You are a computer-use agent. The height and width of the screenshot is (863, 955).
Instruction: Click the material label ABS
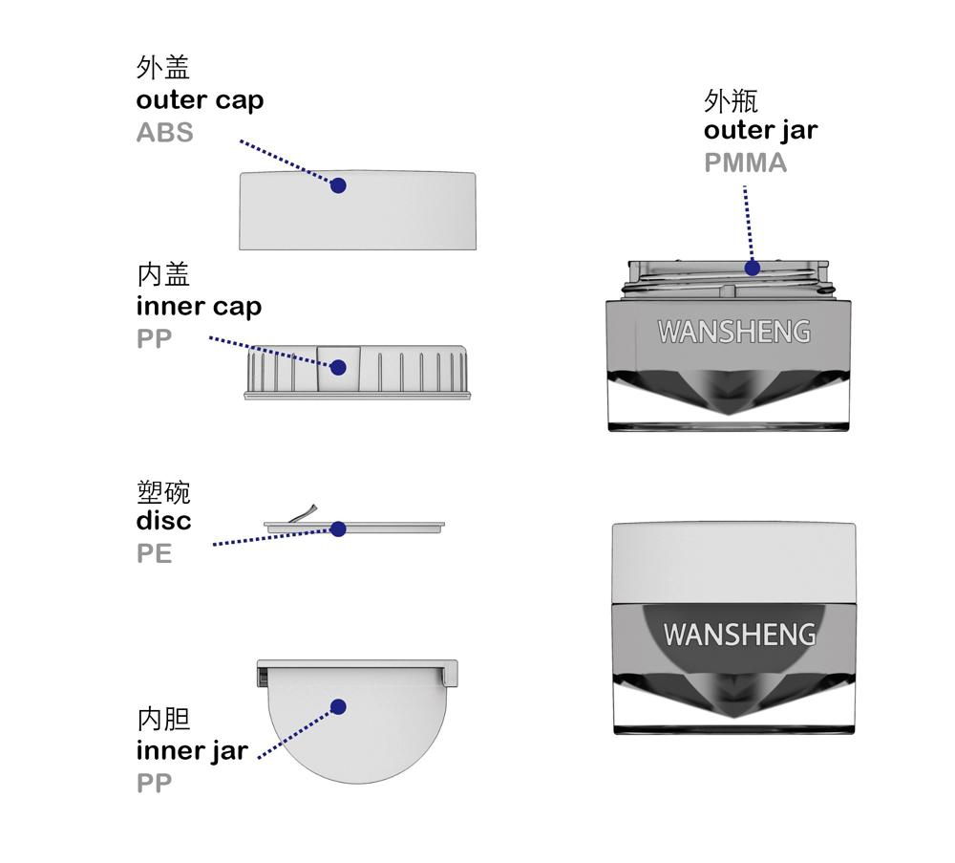(x=164, y=133)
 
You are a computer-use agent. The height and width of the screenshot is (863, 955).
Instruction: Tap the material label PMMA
(x=745, y=162)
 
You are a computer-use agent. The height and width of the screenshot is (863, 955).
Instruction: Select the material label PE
(x=154, y=553)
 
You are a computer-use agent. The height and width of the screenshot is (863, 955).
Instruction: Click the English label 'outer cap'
(x=200, y=100)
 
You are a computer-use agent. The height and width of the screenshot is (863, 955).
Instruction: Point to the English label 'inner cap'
(x=200, y=307)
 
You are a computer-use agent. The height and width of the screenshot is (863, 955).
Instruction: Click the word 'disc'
(x=164, y=521)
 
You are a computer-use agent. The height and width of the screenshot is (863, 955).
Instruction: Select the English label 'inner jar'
(x=193, y=751)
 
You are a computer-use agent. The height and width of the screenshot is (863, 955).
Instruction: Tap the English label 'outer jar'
(x=761, y=131)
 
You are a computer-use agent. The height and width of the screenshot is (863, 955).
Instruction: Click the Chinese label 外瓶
(x=731, y=100)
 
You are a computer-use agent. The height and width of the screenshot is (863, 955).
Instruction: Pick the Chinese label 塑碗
(x=164, y=492)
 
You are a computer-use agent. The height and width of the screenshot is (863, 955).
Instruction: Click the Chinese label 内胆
(x=164, y=719)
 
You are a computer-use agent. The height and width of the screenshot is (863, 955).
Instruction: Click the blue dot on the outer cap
(x=339, y=185)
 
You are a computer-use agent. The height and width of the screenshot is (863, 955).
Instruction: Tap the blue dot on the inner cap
(x=339, y=368)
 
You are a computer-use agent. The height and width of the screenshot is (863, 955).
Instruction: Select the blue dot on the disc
(x=339, y=529)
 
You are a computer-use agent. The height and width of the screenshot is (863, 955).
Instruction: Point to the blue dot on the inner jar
(x=339, y=707)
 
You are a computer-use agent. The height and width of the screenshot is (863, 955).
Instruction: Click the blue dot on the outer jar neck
(x=753, y=268)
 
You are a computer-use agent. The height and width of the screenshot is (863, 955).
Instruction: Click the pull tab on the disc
(x=304, y=514)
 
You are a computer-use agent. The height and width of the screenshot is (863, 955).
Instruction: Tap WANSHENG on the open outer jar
(x=733, y=332)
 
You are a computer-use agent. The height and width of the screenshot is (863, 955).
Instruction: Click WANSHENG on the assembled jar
(x=739, y=635)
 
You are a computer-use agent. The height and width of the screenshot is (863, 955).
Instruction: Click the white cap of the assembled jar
(x=733, y=563)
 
